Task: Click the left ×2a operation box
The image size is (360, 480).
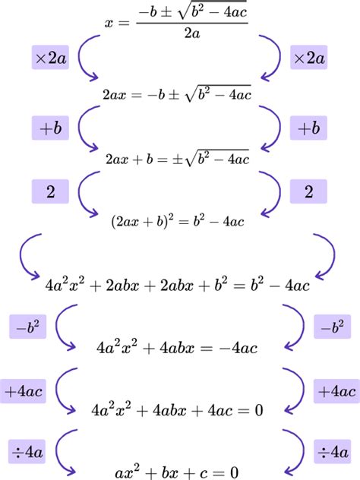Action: (x=50, y=57)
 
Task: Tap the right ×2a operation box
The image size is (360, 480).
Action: (x=308, y=57)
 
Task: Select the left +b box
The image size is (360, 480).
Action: (x=50, y=128)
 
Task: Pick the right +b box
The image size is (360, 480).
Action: (x=308, y=128)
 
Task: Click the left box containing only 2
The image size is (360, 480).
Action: (x=50, y=191)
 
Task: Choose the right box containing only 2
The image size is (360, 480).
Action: (x=308, y=191)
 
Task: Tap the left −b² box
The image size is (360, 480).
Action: (x=27, y=327)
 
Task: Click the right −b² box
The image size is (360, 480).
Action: (x=332, y=327)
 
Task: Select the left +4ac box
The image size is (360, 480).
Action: (x=23, y=391)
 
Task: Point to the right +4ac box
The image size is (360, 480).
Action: (x=336, y=391)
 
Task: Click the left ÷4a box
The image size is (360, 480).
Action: (x=27, y=452)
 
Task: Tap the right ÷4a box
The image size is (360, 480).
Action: (x=332, y=452)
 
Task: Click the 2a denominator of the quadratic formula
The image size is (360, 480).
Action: (x=192, y=33)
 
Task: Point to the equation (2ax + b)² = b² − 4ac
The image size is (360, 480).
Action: (x=178, y=221)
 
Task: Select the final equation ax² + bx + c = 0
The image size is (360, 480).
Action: (x=177, y=472)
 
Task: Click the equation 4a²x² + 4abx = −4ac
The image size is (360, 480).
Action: (x=177, y=348)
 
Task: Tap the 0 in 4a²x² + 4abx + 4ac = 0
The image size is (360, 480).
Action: (x=259, y=410)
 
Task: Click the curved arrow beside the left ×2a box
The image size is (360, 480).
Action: (x=79, y=58)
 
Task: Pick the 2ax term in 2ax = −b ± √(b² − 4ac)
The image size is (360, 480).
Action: (x=114, y=95)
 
